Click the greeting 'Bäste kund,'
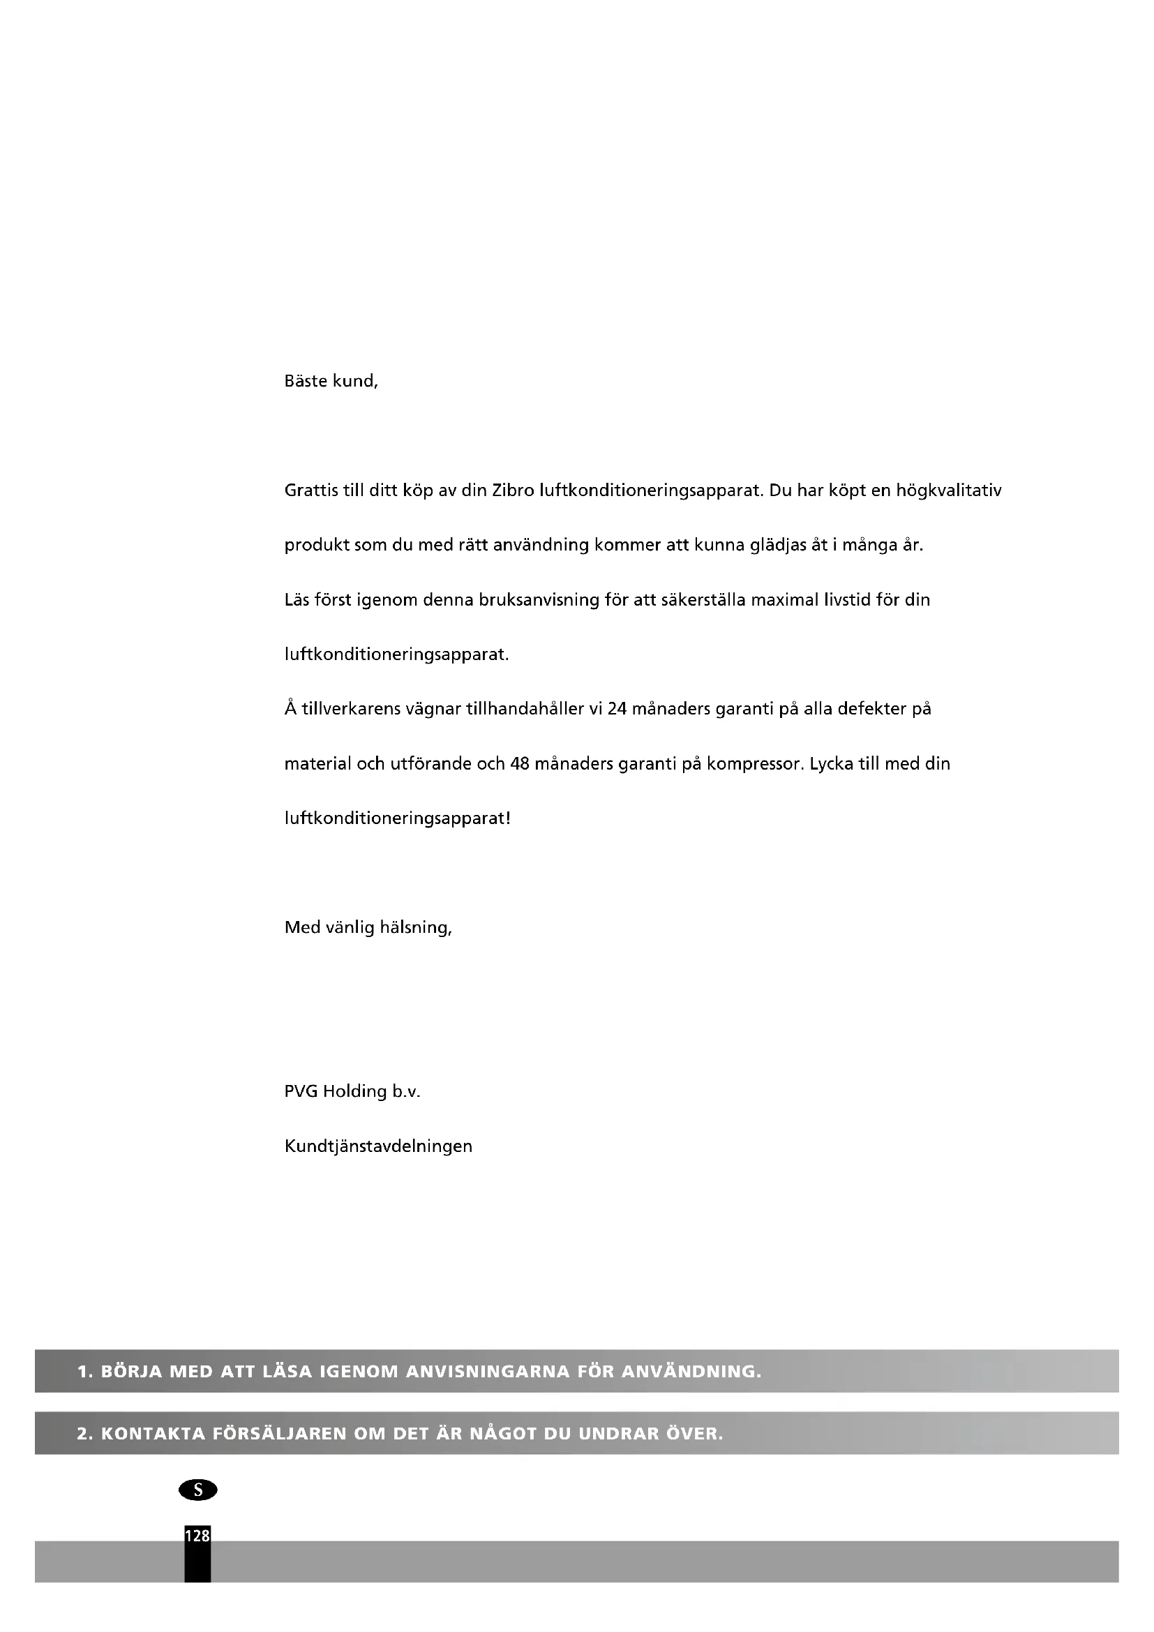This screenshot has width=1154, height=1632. (331, 382)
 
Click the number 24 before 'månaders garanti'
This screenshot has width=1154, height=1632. (617, 710)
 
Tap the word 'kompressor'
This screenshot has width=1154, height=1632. (754, 764)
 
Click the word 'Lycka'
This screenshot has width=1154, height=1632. (830, 764)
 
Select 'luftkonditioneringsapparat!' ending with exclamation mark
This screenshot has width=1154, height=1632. (397, 819)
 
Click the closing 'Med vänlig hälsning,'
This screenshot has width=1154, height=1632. (368, 928)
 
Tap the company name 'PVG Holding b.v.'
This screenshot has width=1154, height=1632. (352, 1092)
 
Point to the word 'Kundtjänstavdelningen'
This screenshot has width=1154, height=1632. (378, 1146)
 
